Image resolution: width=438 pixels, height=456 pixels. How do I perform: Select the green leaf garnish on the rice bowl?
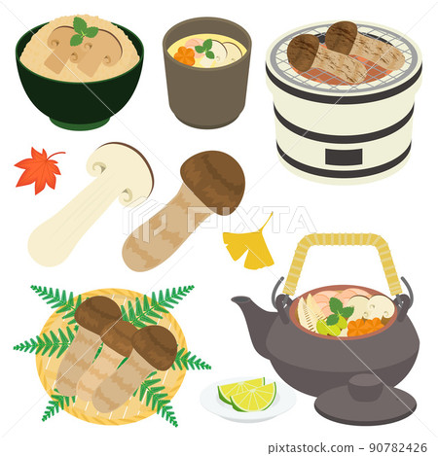pos(84,32)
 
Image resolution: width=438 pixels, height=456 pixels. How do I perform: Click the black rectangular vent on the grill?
pos(344,158)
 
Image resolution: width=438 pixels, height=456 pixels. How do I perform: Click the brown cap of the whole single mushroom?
pos(213,182)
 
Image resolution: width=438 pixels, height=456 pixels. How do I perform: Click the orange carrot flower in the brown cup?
pos(184,55)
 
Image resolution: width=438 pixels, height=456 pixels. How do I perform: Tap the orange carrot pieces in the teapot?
pos(365,327)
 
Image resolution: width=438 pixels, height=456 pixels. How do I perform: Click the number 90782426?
pos(398,448)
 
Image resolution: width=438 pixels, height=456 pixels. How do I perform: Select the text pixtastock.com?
pos(310,448)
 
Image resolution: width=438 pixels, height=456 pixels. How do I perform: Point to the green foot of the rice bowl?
pos(80,123)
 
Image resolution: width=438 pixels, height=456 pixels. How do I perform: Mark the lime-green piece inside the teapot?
pos(328,327)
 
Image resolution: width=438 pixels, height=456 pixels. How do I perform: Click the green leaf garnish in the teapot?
pos(339,311)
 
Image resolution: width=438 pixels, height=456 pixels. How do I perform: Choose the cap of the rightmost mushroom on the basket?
pos(155,347)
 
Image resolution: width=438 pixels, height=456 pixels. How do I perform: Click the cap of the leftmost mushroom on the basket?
pos(98,314)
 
